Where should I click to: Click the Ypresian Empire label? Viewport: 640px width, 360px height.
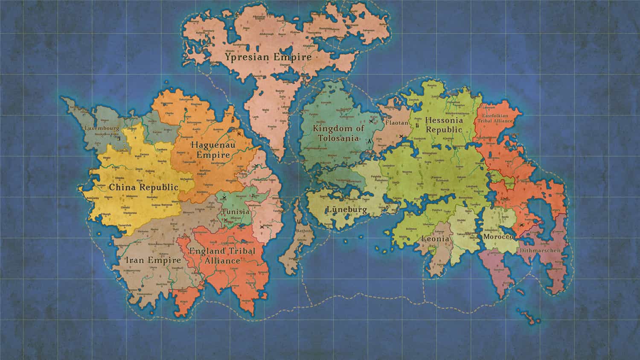click(268, 56)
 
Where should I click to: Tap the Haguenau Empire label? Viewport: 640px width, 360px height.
click(213, 150)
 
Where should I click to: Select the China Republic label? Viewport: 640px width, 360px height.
click(143, 187)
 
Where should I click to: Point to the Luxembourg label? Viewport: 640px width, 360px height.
click(102, 128)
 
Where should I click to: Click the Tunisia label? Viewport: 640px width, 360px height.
click(235, 212)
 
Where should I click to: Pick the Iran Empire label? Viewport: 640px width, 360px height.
click(153, 260)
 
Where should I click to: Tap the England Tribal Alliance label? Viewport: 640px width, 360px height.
click(222, 255)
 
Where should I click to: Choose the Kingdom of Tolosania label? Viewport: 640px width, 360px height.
click(338, 133)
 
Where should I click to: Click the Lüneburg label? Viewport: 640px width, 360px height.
click(346, 210)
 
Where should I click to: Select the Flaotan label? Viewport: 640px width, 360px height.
click(397, 123)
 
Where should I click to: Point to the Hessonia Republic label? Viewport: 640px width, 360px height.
click(444, 125)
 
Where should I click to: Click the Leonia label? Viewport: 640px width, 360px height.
click(435, 239)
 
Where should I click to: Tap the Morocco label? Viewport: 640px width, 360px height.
click(498, 237)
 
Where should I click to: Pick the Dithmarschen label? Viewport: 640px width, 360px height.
click(540, 251)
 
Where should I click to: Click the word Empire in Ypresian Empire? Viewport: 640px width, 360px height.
click(293, 56)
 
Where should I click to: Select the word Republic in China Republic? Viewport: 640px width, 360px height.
click(161, 187)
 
